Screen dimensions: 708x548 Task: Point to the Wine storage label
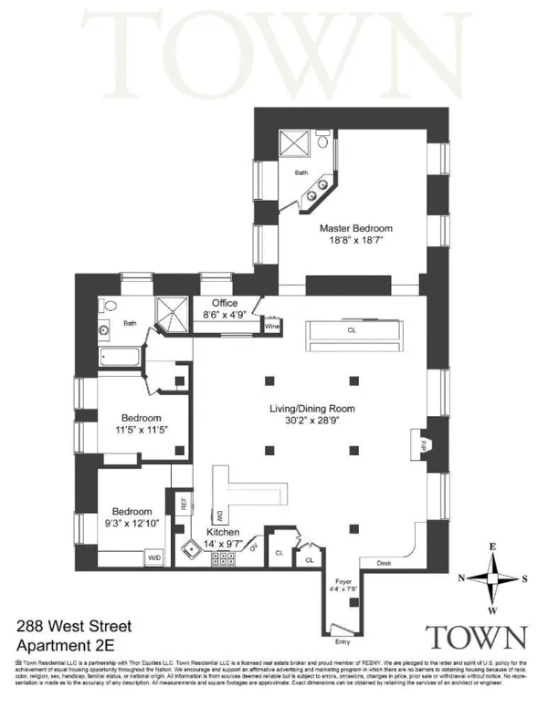pyautogui.click(x=271, y=325)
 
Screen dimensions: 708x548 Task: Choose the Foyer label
pyautogui.click(x=344, y=580)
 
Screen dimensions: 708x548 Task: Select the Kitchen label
pyautogui.click(x=224, y=531)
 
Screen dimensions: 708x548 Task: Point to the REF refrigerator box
pyautogui.click(x=184, y=503)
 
